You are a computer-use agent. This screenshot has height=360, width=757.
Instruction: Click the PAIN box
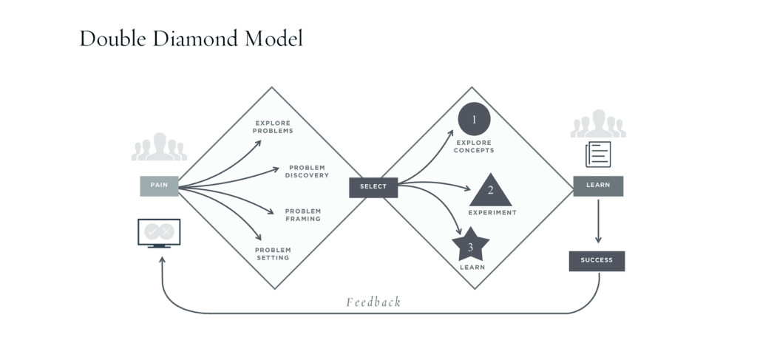click(159, 186)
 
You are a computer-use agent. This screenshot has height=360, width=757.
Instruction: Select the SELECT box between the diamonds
click(373, 187)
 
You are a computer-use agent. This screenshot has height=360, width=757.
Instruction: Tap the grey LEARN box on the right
click(598, 186)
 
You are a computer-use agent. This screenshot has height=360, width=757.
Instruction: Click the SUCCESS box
click(597, 261)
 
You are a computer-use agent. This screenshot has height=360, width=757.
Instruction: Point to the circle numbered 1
click(474, 119)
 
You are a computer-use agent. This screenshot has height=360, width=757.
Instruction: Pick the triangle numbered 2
click(490, 191)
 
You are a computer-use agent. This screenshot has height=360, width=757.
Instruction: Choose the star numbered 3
click(471, 245)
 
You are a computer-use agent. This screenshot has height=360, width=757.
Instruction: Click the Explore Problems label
click(273, 127)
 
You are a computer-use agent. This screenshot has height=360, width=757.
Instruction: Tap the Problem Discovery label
click(307, 171)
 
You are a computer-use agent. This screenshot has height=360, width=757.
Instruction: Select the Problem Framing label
click(303, 215)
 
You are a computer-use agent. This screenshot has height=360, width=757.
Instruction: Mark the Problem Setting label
click(273, 254)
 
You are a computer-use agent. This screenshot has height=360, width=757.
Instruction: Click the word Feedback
click(373, 302)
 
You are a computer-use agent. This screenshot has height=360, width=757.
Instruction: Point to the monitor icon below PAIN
click(159, 233)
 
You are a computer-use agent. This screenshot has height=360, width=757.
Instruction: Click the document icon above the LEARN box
click(598, 154)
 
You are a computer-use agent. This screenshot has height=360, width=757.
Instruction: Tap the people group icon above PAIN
click(159, 147)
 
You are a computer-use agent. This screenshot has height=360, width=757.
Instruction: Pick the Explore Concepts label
click(474, 146)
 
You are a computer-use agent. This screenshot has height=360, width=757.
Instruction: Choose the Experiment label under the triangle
click(492, 213)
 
